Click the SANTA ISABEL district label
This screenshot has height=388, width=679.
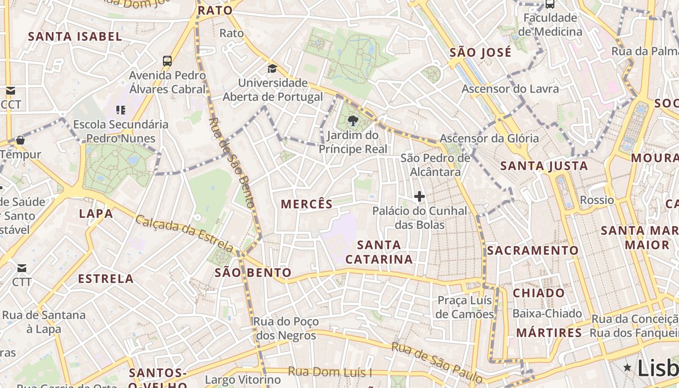(75, 36)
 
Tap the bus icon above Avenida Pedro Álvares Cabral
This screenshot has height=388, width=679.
(167, 61)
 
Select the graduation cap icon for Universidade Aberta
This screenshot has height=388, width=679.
(272, 68)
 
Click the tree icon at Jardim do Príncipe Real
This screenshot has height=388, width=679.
(353, 121)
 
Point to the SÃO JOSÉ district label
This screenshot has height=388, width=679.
(480, 52)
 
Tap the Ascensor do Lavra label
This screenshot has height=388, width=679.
(510, 89)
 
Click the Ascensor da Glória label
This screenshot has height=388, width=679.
(489, 138)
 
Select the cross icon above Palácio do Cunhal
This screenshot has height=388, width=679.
(420, 196)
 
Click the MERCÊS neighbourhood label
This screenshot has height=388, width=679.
(307, 204)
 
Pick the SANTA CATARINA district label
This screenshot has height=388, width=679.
(379, 252)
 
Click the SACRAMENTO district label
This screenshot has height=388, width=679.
(533, 250)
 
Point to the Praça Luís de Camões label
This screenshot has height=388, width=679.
(464, 307)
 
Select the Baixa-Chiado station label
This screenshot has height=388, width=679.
(547, 313)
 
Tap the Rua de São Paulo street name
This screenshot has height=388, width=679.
(436, 362)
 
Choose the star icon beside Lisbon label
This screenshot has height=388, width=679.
(628, 367)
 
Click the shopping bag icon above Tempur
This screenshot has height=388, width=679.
(20, 140)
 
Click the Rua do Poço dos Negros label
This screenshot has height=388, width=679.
(286, 328)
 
